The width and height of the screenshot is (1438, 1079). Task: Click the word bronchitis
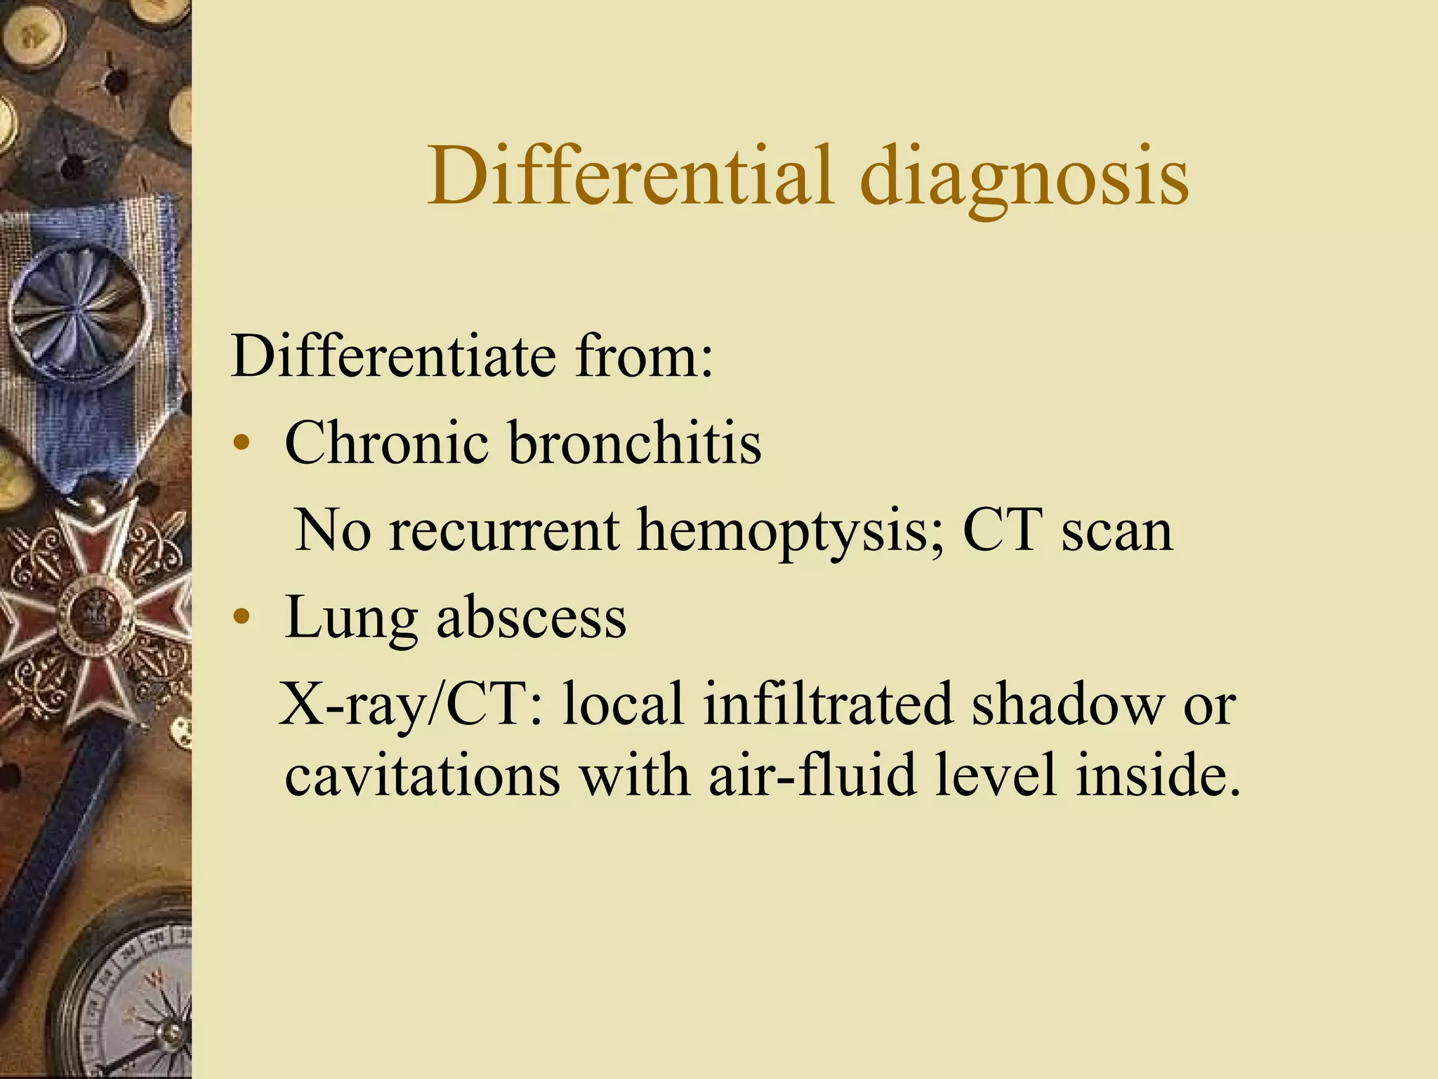pyautogui.click(x=635, y=443)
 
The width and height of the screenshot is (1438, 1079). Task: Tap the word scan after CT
pyautogui.click(x=1116, y=530)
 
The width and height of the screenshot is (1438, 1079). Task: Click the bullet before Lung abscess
pyautogui.click(x=242, y=618)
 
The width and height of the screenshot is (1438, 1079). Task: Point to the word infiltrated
pyautogui.click(x=828, y=705)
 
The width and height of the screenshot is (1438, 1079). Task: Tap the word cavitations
pyautogui.click(x=422, y=776)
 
